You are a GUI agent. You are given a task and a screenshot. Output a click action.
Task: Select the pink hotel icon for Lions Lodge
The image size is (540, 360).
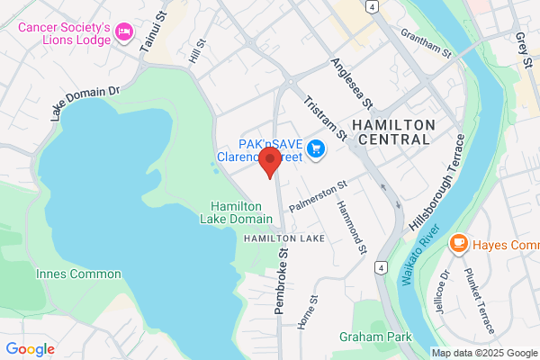[124, 33]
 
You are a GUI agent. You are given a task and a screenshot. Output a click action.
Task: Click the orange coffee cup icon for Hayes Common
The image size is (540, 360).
[459, 243]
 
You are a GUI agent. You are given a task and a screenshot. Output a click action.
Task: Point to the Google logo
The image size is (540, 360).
[30, 349]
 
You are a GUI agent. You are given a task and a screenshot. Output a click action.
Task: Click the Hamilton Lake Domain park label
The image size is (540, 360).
[240, 212]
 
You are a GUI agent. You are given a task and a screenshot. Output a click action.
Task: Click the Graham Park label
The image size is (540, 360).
[375, 337]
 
